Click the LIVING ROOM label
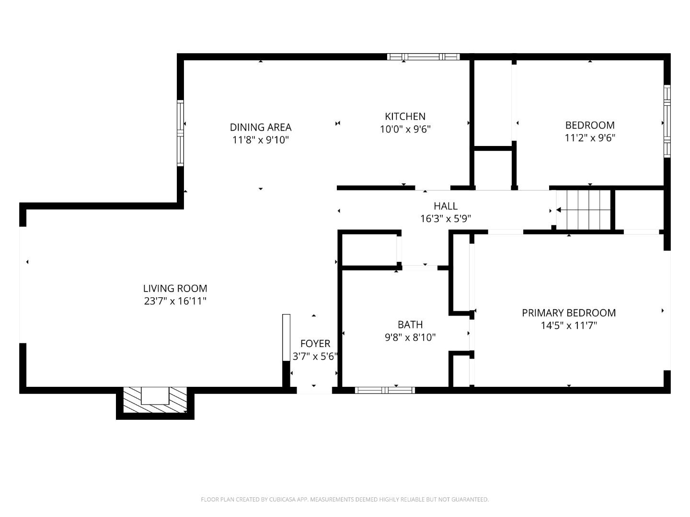(x=175, y=289)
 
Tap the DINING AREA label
(x=260, y=127)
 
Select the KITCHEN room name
(x=405, y=116)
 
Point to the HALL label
(x=445, y=206)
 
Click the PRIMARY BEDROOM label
(x=568, y=313)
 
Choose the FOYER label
(x=315, y=344)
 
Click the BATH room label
(x=410, y=325)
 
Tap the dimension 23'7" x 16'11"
(x=175, y=301)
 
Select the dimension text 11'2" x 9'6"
(x=590, y=138)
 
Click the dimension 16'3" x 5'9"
(x=445, y=219)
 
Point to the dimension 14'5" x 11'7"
(x=568, y=326)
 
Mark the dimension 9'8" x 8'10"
(x=410, y=337)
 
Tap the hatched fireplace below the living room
(x=155, y=400)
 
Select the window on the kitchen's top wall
(x=423, y=57)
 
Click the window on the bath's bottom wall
(x=385, y=390)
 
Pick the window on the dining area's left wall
(x=180, y=133)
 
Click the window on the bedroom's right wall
(x=667, y=122)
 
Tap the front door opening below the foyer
(x=314, y=390)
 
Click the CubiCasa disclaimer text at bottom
(x=345, y=500)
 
